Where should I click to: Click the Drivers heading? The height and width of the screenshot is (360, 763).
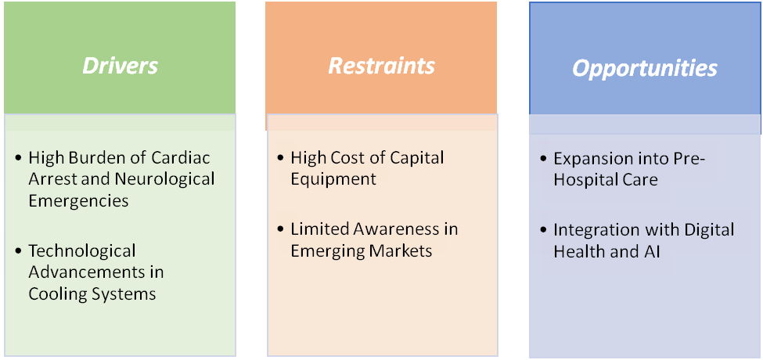click(x=121, y=65)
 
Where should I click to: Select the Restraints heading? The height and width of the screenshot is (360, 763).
click(x=381, y=65)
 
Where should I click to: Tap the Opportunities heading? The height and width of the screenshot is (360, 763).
click(x=645, y=68)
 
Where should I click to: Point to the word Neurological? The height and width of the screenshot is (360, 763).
click(x=165, y=178)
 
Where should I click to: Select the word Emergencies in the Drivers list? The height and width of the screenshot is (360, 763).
click(x=78, y=200)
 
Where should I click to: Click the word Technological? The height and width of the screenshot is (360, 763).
click(x=82, y=251)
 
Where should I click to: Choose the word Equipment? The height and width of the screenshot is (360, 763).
click(x=333, y=178)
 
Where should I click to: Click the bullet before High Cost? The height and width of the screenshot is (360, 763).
click(x=281, y=159)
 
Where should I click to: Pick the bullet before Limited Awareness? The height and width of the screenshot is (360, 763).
click(x=281, y=230)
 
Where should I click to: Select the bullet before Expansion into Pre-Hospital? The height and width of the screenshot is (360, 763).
click(x=544, y=159)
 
